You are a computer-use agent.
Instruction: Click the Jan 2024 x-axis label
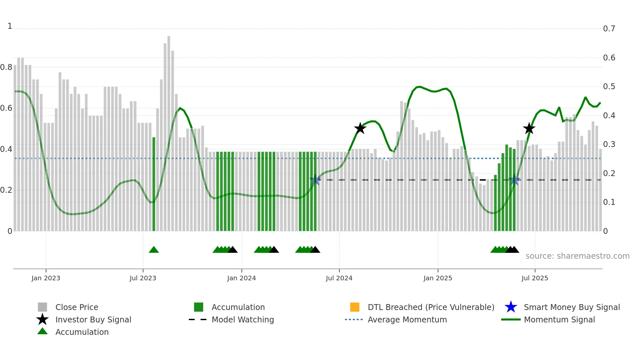[241, 278]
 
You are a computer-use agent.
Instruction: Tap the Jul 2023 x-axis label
[143, 278]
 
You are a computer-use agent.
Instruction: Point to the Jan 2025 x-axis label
[438, 278]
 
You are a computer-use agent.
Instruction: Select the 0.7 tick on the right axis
[609, 29]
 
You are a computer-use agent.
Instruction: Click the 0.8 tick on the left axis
[6, 67]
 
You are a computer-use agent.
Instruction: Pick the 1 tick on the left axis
[10, 26]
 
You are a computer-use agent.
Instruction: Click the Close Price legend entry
[76, 307]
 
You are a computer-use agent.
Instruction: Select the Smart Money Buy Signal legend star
[511, 307]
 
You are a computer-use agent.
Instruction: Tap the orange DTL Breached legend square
[354, 307]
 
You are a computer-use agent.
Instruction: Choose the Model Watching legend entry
[242, 319]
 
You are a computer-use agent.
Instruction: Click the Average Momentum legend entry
[407, 319]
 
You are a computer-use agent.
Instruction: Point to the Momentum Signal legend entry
[559, 319]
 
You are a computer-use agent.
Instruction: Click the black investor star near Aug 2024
[360, 128]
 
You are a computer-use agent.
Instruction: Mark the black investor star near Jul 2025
[529, 128]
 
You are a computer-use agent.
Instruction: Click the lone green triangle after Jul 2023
[153, 250]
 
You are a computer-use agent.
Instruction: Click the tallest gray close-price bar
[169, 131]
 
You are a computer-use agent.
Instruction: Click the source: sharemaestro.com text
[577, 256]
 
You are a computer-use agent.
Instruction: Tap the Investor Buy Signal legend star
[42, 319]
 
